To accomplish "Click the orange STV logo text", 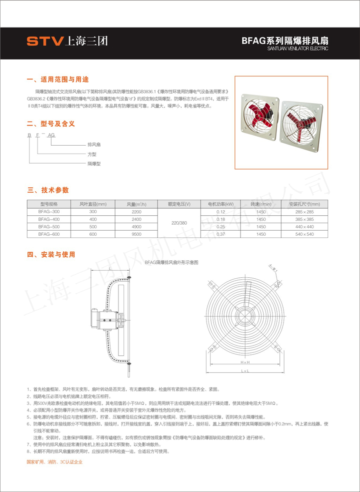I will click(x=44, y=41).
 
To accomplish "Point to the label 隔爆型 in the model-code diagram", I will click(x=94, y=164).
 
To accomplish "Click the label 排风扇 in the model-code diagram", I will click(x=94, y=144).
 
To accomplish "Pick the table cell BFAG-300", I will click(x=48, y=212).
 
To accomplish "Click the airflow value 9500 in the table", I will click(x=136, y=234).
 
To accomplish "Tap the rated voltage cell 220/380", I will click(x=179, y=223).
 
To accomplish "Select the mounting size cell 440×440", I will click(x=304, y=226).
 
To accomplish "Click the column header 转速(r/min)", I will click(x=261, y=204).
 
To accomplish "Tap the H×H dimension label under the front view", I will click(x=245, y=361).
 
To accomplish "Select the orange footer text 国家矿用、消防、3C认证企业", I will click(x=54, y=462).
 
